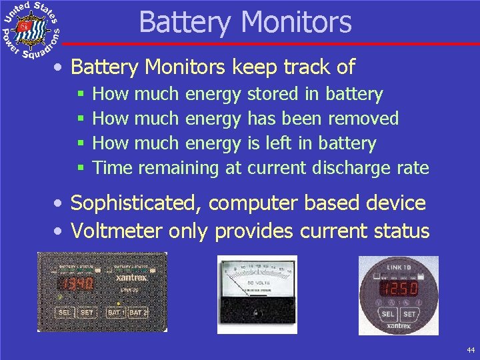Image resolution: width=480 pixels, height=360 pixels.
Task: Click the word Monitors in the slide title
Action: [x=298, y=22]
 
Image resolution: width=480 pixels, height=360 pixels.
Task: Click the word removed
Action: [x=365, y=119]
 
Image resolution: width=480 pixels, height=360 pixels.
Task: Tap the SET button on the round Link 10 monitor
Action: [x=409, y=314]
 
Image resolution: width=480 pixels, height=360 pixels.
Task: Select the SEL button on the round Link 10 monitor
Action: [x=387, y=314]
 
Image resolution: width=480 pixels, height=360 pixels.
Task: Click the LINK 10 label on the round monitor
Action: [x=399, y=267]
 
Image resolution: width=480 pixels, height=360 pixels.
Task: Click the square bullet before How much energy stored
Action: [x=79, y=95]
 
